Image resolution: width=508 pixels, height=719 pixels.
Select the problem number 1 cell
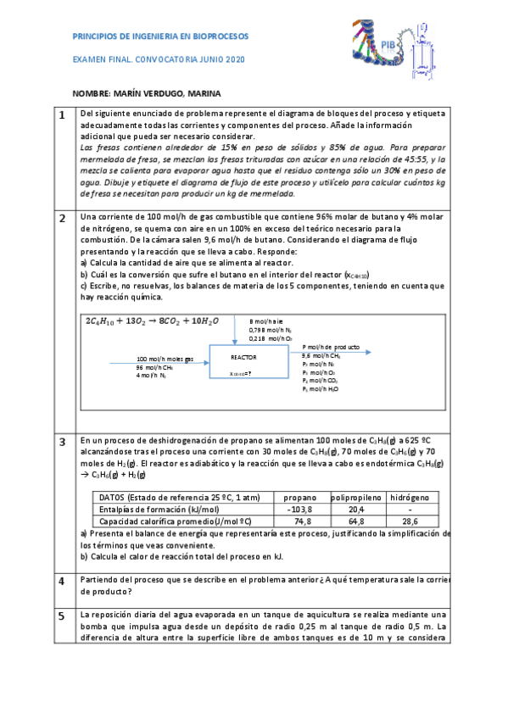62,114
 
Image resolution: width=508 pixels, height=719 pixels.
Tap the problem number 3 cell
62,442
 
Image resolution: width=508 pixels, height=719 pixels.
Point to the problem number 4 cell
62,581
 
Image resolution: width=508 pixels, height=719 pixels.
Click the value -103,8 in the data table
299,509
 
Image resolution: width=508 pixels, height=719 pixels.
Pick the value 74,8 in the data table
299,521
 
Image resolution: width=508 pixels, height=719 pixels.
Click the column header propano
299,496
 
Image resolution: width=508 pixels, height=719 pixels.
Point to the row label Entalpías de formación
148,509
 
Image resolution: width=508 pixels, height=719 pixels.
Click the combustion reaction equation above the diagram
152,321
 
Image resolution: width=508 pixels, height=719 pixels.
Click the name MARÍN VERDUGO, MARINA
176,93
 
